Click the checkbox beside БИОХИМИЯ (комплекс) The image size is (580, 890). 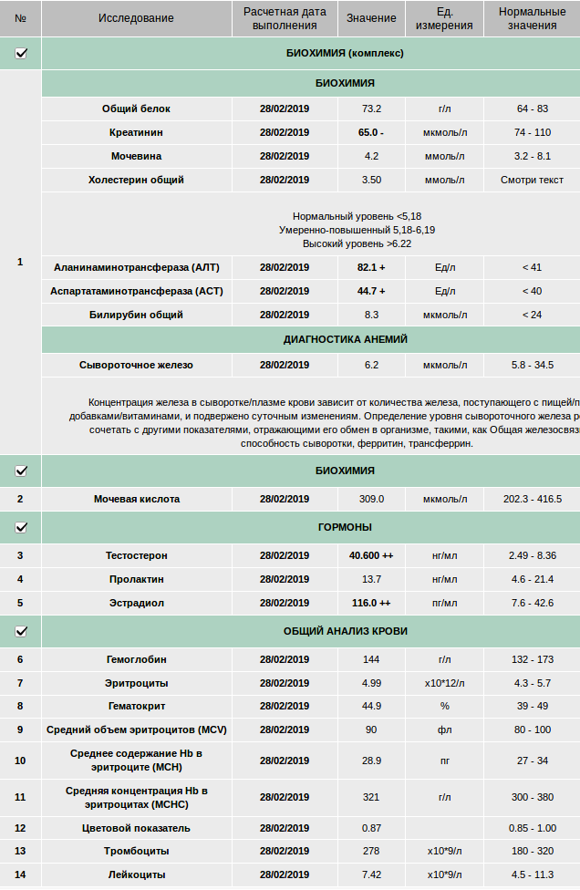click(x=21, y=53)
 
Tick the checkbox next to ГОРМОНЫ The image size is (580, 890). click(x=21, y=527)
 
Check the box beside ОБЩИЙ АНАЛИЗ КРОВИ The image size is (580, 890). click(x=21, y=631)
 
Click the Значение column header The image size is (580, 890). click(x=371, y=18)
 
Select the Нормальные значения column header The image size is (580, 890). click(x=533, y=18)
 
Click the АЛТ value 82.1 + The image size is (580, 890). click(x=371, y=267)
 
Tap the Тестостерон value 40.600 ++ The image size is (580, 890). click(x=371, y=555)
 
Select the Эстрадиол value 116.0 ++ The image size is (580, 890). click(x=371, y=603)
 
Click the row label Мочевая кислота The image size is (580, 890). click(x=137, y=499)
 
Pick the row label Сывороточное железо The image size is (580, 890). click(x=136, y=365)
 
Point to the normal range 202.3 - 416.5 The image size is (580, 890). click(x=533, y=499)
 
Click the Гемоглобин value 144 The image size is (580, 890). click(x=371, y=659)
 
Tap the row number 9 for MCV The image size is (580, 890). click(x=20, y=730)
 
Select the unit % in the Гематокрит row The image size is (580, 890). click(x=444, y=706)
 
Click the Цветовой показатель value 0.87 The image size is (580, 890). click(x=371, y=828)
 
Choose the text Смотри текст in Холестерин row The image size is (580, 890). click(x=533, y=180)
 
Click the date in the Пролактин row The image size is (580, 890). click(x=285, y=579)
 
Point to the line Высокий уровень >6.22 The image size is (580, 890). click(x=357, y=243)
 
